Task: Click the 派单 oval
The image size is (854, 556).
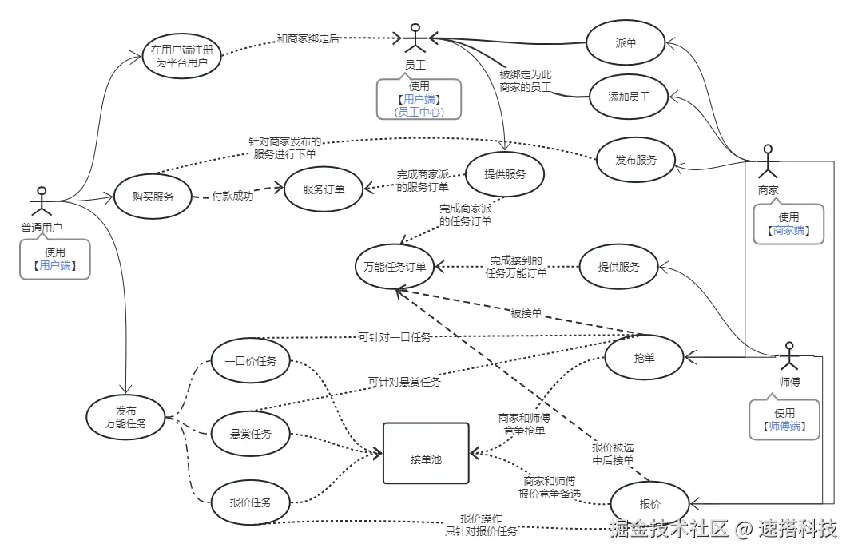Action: click(x=626, y=44)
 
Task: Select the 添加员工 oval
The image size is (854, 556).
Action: click(x=629, y=97)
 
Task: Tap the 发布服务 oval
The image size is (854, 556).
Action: click(x=636, y=159)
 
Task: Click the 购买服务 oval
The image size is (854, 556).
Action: click(x=153, y=196)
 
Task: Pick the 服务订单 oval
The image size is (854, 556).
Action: click(x=324, y=190)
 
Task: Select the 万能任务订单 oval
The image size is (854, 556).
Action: click(x=395, y=267)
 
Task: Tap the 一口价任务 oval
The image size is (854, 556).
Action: click(x=250, y=361)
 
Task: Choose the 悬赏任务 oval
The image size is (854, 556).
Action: click(x=250, y=434)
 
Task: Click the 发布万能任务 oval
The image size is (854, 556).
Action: click(x=126, y=417)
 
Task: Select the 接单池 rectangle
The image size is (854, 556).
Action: click(x=426, y=454)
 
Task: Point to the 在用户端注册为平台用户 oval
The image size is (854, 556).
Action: click(x=183, y=55)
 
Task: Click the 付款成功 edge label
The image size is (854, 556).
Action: click(x=232, y=196)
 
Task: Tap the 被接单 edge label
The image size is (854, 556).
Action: click(x=526, y=314)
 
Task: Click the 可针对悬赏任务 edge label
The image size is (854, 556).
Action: click(x=404, y=382)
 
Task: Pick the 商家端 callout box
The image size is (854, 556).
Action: click(x=788, y=223)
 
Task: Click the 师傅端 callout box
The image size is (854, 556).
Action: click(x=785, y=419)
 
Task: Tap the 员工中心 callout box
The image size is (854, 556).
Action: click(x=419, y=99)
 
